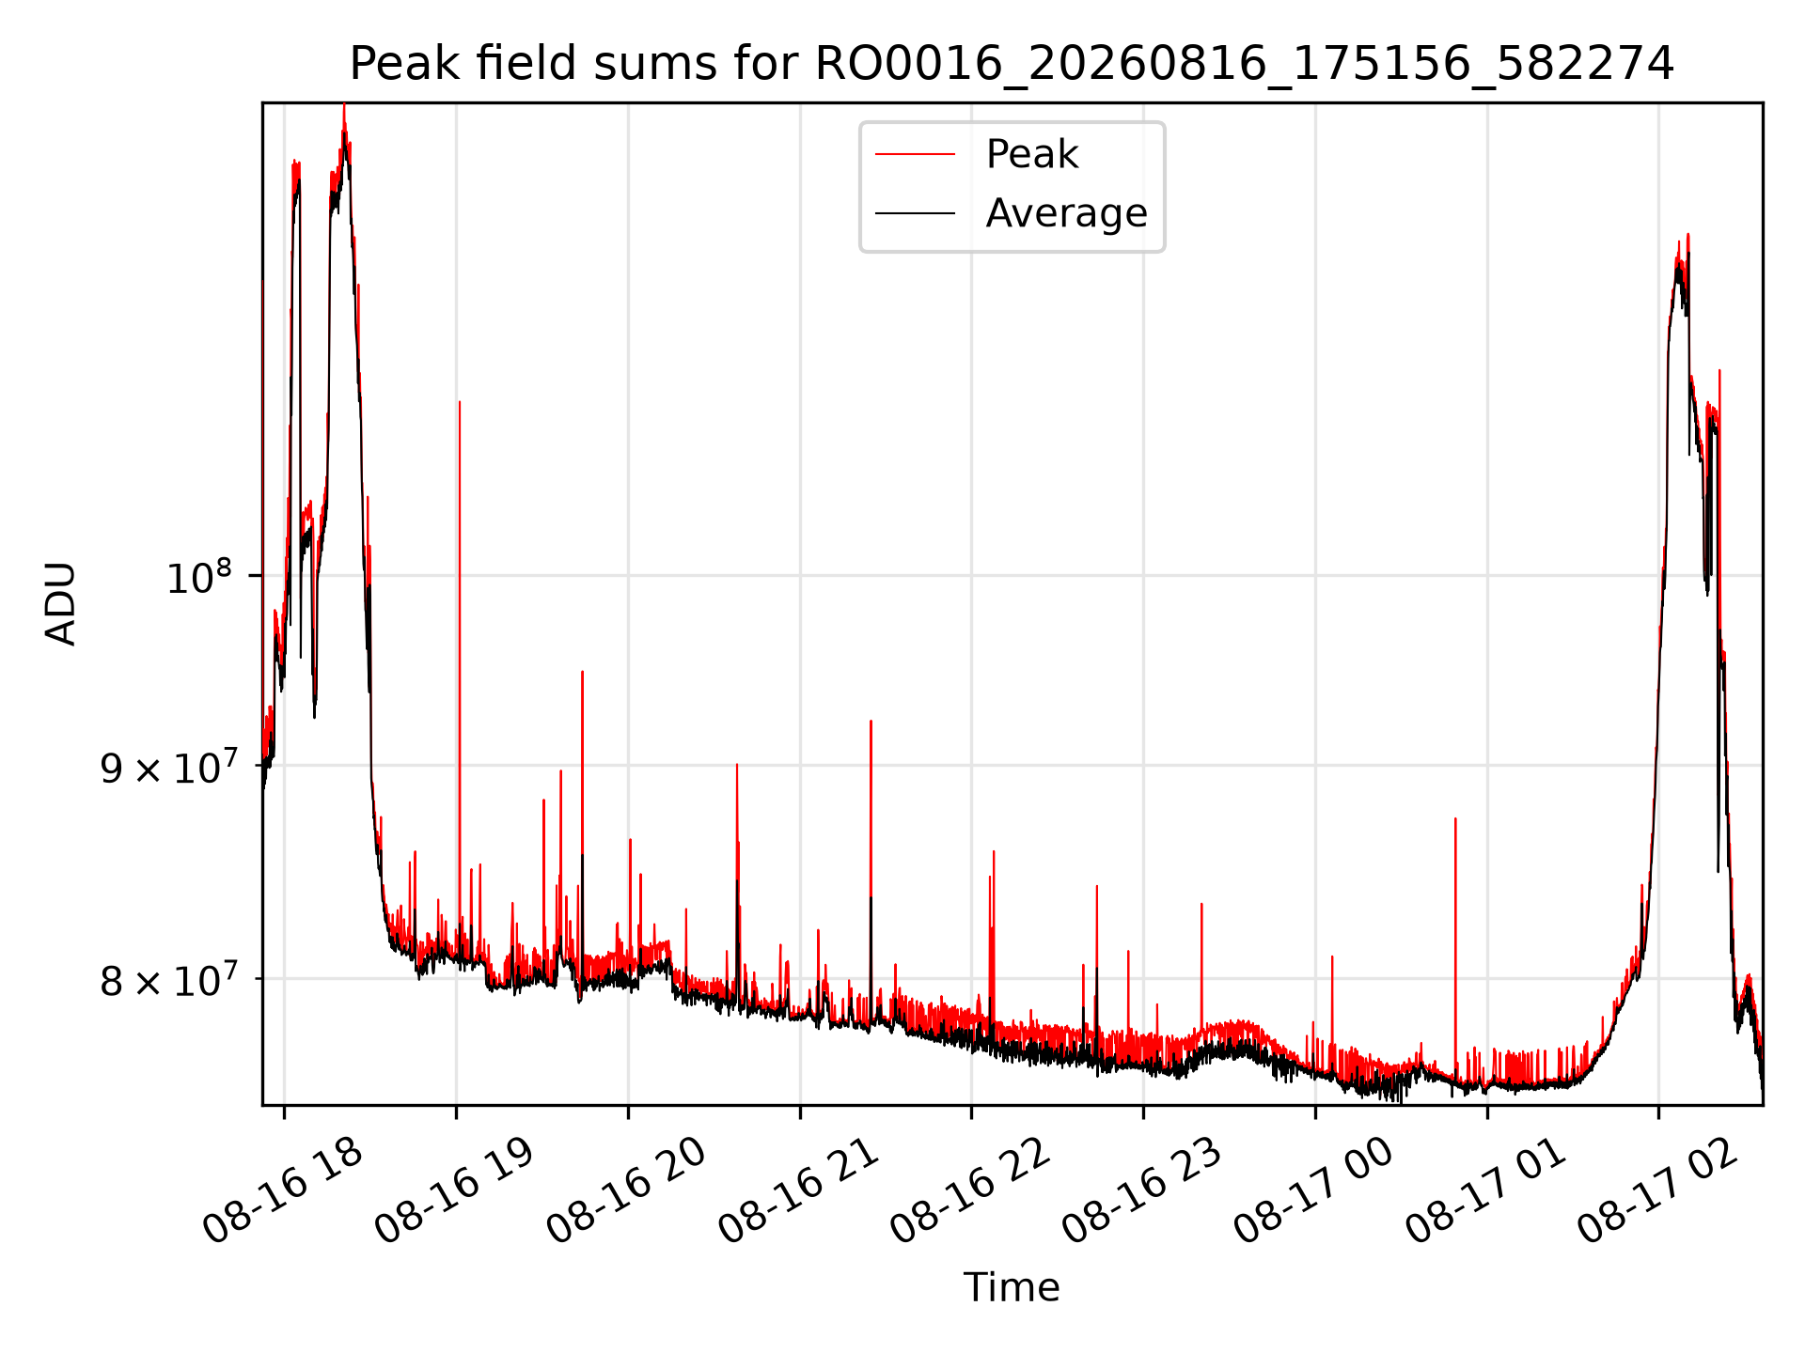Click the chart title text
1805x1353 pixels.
pos(1012,64)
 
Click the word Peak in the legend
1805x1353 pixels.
pos(1031,154)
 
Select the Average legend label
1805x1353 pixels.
pos(1066,213)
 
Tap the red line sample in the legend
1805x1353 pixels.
pos(915,155)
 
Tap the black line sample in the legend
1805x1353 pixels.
pos(915,213)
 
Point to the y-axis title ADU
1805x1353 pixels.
pos(61,603)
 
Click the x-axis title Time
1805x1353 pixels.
pos(1012,1287)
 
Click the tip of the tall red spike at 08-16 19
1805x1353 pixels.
pos(459,401)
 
